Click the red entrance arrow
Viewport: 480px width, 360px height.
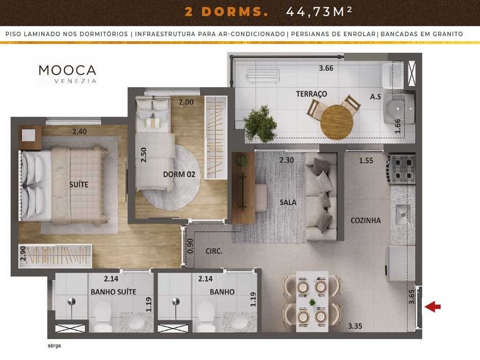coord(432,307)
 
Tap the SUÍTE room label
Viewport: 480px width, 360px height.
coord(78,185)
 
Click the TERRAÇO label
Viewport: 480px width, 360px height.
coord(311,94)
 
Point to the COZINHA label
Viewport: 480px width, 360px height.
coord(366,220)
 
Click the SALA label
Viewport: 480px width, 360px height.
coord(288,202)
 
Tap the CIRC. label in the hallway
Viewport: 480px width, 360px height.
coord(214,251)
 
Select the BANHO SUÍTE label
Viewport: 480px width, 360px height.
coord(113,292)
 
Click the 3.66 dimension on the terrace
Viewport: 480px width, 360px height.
coord(326,68)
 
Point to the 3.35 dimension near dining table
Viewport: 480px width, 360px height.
coord(355,326)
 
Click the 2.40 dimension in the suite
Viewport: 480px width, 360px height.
coord(79,132)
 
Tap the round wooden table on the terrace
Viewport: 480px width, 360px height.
coord(336,121)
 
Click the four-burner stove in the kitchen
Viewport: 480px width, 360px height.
coord(403,169)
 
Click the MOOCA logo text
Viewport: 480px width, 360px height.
coord(67,70)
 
